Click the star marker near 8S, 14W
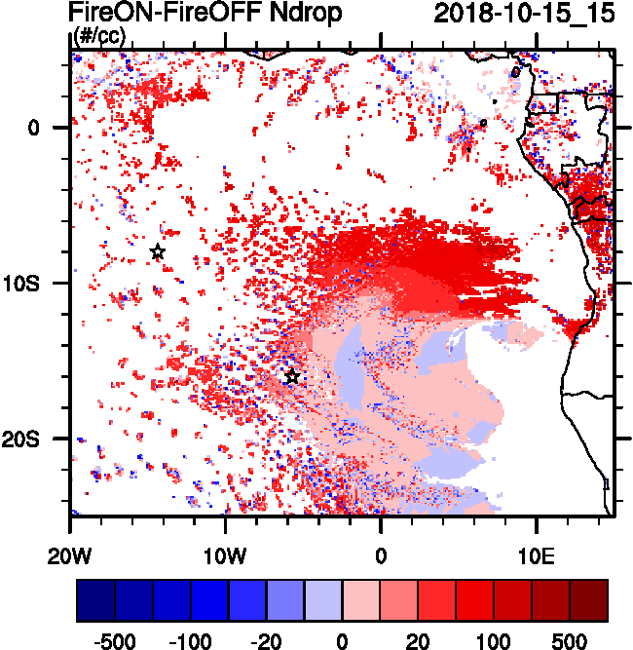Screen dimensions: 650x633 coord(158,252)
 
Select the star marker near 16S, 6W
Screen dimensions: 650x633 coord(292,377)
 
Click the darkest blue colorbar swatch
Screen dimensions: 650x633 coord(95,601)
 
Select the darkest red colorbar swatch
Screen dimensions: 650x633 coord(589,601)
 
